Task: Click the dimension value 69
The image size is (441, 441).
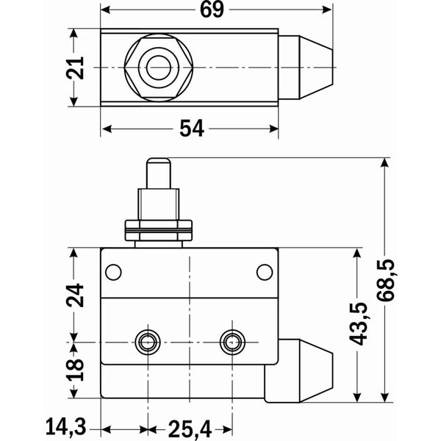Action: pos(212,10)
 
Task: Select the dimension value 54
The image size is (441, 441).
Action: pos(191,129)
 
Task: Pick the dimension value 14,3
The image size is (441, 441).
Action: pos(65,426)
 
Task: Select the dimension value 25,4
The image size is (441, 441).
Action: pos(189,426)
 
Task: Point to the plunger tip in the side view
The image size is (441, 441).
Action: pos(159,163)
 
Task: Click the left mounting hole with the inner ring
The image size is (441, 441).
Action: pos(148,340)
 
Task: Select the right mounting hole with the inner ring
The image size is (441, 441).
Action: pos(233,340)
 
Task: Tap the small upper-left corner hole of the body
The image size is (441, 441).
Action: pos(112,273)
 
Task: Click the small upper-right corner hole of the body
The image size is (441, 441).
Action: pos(265,273)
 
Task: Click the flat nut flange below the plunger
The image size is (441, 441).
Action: pos(159,229)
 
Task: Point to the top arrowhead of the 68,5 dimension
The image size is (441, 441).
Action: pos(385,162)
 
